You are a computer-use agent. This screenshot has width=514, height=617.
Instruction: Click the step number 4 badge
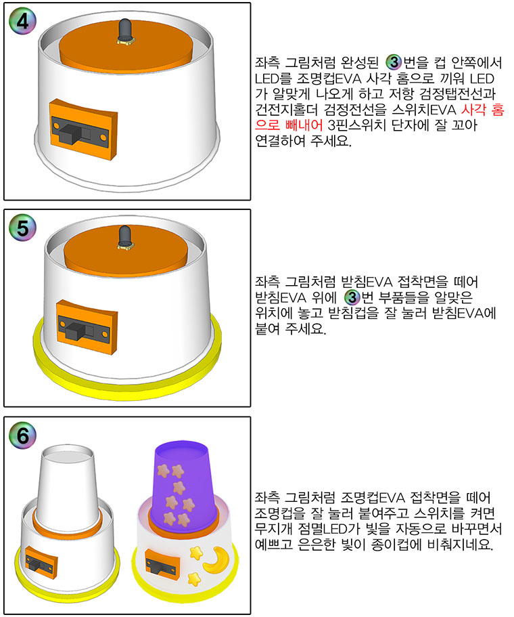pyautogui.click(x=22, y=21)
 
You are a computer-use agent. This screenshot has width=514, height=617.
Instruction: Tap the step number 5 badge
pyautogui.click(x=22, y=228)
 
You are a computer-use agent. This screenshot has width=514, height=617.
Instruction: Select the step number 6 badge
pyautogui.click(x=22, y=435)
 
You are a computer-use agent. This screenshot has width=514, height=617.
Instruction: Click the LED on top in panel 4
pyautogui.click(x=125, y=30)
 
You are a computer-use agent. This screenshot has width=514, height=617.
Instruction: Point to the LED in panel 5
pyautogui.click(x=126, y=238)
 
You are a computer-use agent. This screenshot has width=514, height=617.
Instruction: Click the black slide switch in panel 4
pyautogui.click(x=80, y=131)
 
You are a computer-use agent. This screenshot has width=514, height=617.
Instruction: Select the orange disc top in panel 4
pyautogui.click(x=126, y=49)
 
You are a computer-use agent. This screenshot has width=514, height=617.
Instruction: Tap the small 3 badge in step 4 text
pyautogui.click(x=394, y=62)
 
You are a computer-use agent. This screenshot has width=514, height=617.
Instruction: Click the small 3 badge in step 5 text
pyautogui.click(x=352, y=297)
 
